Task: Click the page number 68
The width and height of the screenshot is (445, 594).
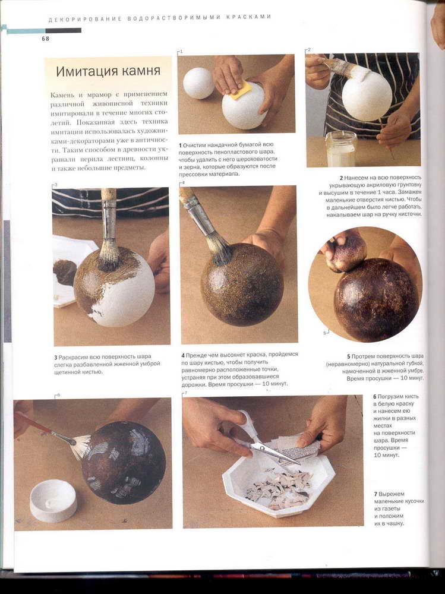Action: click(46, 39)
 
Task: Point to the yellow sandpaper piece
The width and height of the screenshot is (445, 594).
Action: click(241, 90)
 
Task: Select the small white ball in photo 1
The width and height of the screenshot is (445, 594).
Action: click(198, 83)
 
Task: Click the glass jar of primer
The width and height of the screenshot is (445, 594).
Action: click(341, 148)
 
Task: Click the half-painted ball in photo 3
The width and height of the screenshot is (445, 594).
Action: click(115, 286)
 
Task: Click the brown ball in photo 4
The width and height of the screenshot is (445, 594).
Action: click(242, 285)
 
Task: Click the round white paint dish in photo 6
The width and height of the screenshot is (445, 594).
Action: click(53, 500)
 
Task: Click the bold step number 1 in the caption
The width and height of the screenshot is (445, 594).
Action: click(181, 146)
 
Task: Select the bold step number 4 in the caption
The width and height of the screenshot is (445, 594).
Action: click(183, 355)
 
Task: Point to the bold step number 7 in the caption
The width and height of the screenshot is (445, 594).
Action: click(375, 494)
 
